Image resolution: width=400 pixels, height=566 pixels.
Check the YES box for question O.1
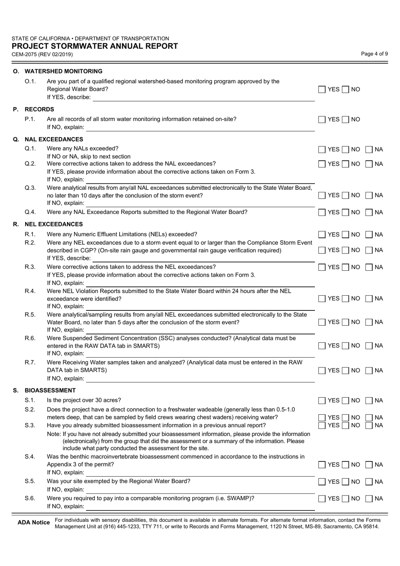click(x=322, y=89)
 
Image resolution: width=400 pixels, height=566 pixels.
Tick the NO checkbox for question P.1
click(x=346, y=119)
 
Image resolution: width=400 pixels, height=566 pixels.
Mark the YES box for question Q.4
click(x=322, y=212)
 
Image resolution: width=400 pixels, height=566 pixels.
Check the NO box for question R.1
click(x=346, y=234)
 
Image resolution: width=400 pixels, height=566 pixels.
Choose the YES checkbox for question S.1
click(x=322, y=400)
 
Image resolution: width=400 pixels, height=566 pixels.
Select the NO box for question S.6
click(x=346, y=499)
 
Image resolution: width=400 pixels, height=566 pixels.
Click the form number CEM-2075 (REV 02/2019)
click(x=42, y=54)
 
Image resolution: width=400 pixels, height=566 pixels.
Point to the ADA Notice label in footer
click(x=34, y=523)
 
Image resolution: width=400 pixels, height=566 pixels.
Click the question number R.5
click(x=30, y=315)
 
